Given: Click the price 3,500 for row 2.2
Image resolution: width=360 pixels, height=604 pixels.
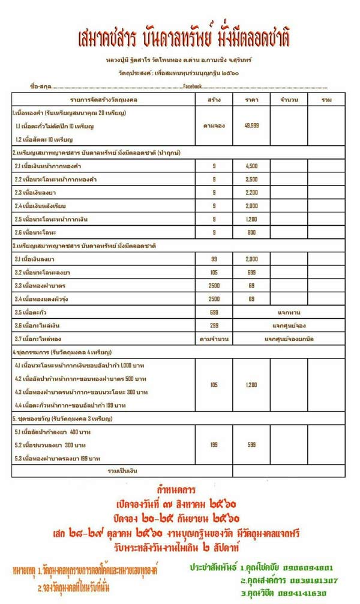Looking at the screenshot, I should pyautogui.click(x=252, y=179).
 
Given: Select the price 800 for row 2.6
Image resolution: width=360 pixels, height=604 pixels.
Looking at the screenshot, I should pyautogui.click(x=252, y=232).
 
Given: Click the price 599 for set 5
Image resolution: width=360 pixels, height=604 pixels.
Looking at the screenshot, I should pyautogui.click(x=252, y=445).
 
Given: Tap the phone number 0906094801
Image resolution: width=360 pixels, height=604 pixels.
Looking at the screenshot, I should pyautogui.click(x=313, y=567).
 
